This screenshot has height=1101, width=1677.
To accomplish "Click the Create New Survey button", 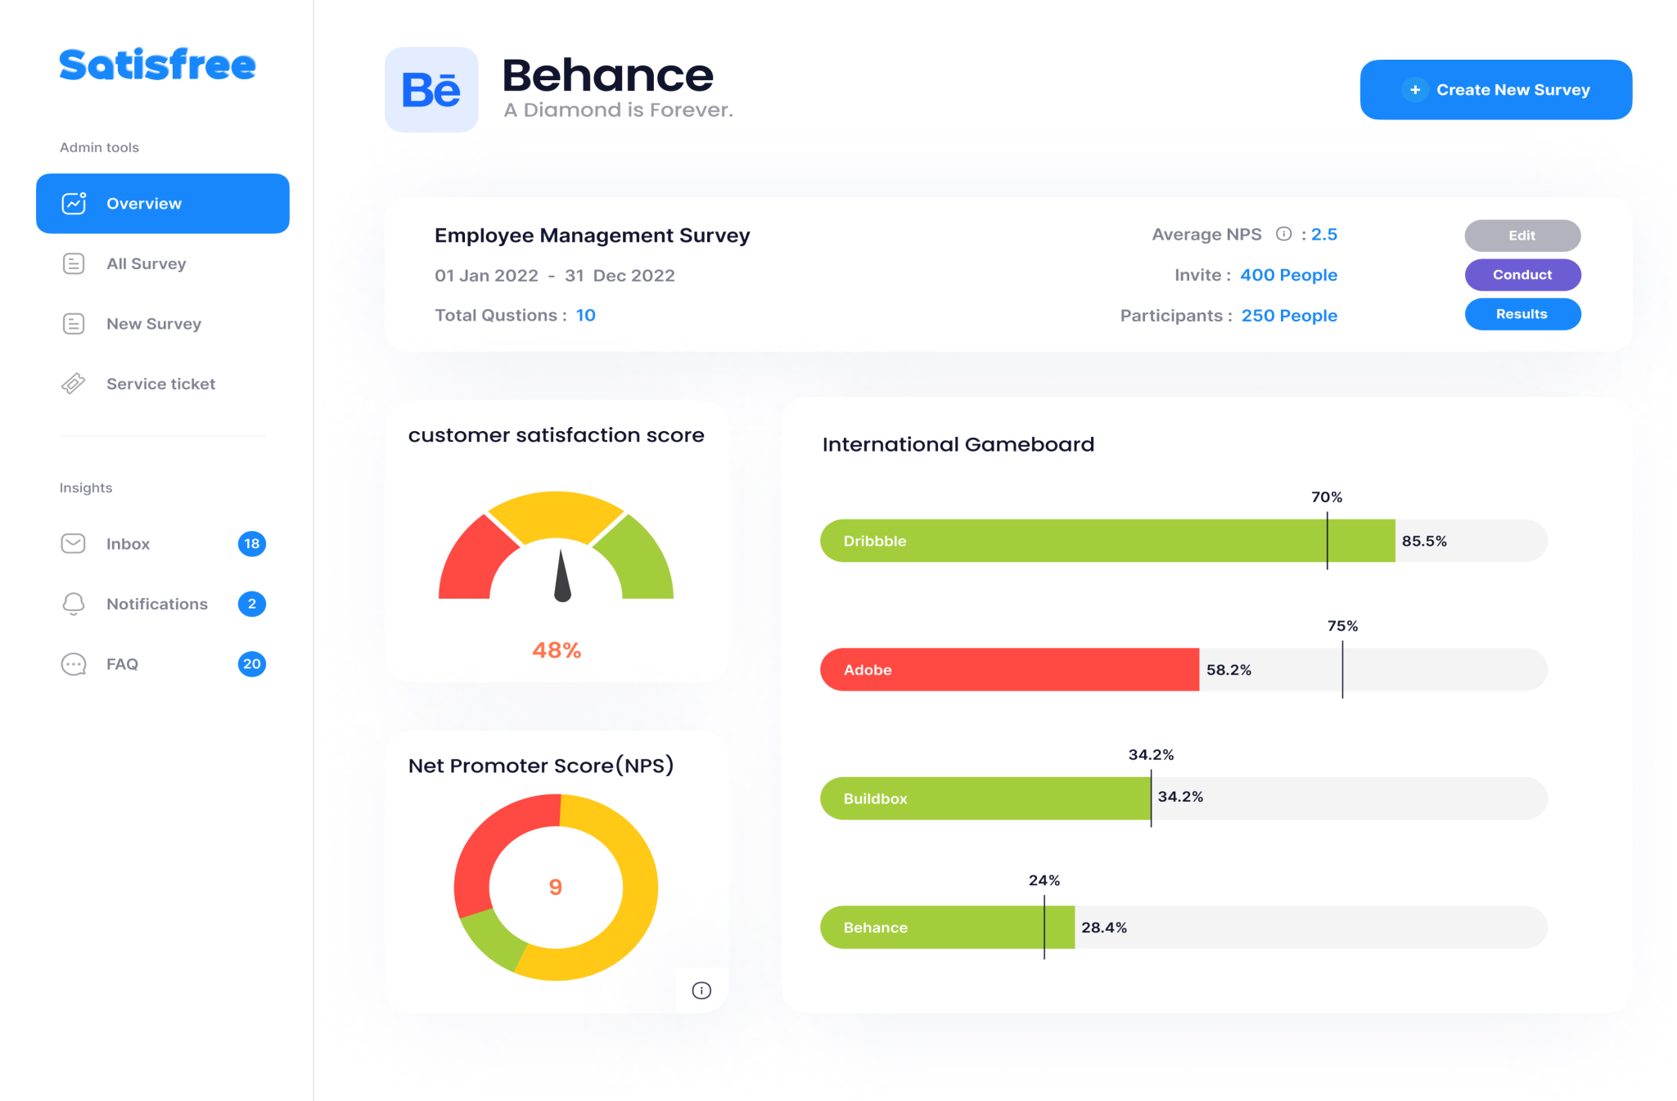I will pyautogui.click(x=1495, y=90).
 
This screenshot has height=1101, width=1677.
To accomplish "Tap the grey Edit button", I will pyautogui.click(x=1521, y=236).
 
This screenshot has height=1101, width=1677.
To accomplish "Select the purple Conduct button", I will pyautogui.click(x=1521, y=275).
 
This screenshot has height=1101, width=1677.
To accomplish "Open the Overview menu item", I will pyautogui.click(x=163, y=204).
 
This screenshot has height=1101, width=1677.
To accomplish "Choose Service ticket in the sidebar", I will pyautogui.click(x=160, y=384).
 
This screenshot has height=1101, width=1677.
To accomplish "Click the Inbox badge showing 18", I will pyautogui.click(x=251, y=544).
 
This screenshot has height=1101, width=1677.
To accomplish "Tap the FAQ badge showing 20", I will pyautogui.click(x=251, y=664).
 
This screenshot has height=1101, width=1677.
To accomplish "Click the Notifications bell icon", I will pyautogui.click(x=74, y=604).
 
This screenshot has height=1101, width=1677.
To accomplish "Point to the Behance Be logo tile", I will pyautogui.click(x=431, y=90).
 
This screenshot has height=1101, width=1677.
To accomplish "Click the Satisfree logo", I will pyautogui.click(x=157, y=65).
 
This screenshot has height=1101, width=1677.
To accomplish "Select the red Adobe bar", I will pyautogui.click(x=1009, y=670).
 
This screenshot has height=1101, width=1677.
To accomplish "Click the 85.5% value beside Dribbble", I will pyautogui.click(x=1424, y=542).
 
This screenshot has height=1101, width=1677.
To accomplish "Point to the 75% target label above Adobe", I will pyautogui.click(x=1342, y=627).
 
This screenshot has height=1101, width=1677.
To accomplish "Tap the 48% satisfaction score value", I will pyautogui.click(x=557, y=650).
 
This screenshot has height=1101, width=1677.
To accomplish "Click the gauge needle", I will pyautogui.click(x=562, y=576).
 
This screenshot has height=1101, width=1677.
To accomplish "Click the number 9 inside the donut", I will pyautogui.click(x=556, y=888).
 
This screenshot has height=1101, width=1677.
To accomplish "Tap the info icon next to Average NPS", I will pyautogui.click(x=1283, y=235).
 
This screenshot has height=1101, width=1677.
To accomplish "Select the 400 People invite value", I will pyautogui.click(x=1288, y=276).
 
